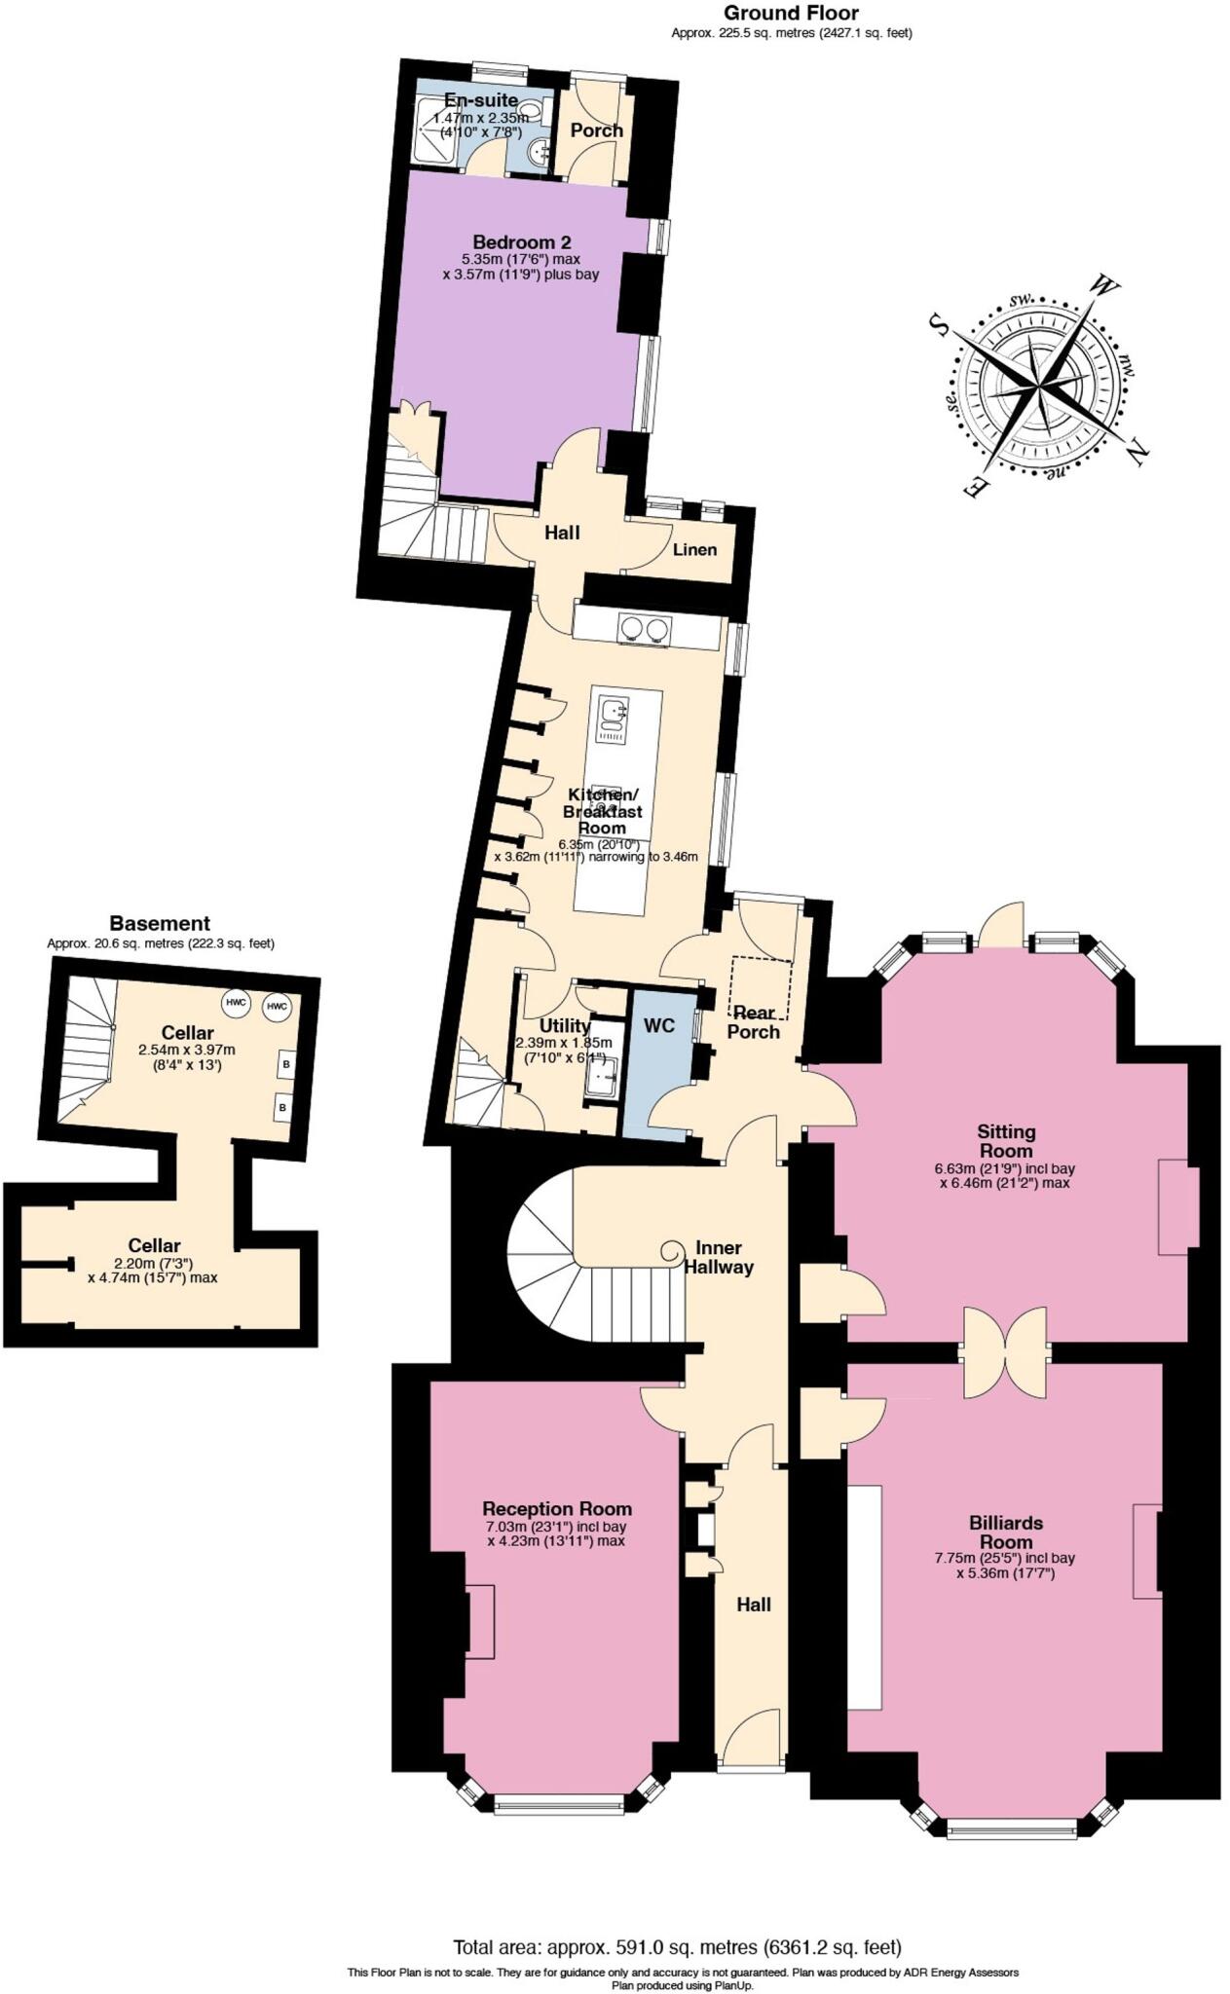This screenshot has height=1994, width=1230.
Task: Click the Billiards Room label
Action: click(1005, 1532)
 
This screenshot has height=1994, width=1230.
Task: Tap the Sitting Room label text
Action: click(1006, 1140)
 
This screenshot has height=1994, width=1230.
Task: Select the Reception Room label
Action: click(556, 1508)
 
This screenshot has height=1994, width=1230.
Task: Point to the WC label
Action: click(658, 1025)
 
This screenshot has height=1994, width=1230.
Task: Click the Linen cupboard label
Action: click(694, 549)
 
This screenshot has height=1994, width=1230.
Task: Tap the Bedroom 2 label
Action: click(521, 241)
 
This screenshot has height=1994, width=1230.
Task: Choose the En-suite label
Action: click(481, 100)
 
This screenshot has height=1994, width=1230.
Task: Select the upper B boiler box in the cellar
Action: click(286, 1064)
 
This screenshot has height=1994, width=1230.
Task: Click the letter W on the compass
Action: click(1102, 286)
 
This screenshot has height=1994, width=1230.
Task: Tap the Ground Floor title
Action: click(791, 13)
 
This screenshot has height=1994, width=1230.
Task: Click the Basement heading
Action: click(160, 923)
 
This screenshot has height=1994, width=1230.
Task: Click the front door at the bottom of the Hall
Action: click(749, 1740)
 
